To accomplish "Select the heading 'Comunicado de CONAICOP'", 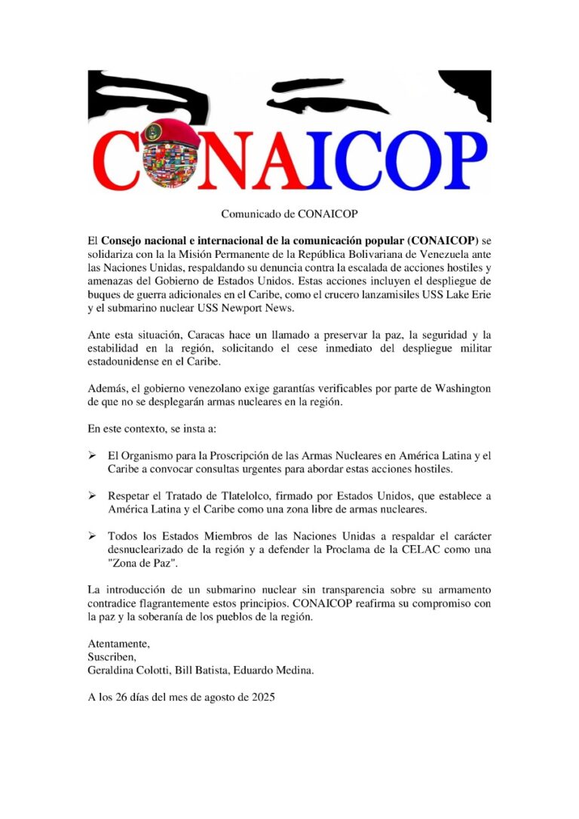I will click(289, 214).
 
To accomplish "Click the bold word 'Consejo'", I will click(123, 241).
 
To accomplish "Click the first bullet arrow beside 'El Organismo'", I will click(92, 456).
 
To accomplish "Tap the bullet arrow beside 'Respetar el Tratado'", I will click(92, 495).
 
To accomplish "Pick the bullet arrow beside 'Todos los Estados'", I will click(92, 535).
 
